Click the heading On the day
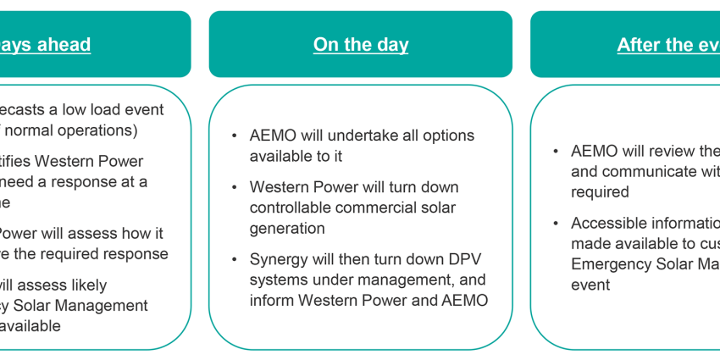(360, 45)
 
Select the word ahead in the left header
(58, 45)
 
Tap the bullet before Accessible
(556, 224)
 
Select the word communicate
(643, 171)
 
